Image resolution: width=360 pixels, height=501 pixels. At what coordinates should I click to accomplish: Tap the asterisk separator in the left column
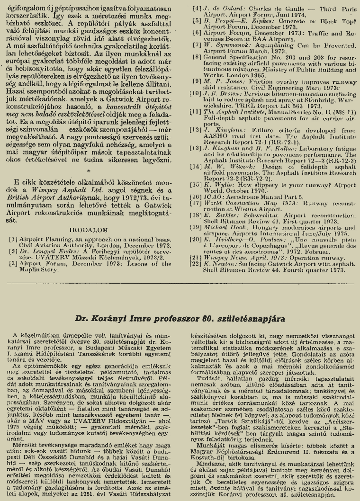(x=88, y=169)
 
